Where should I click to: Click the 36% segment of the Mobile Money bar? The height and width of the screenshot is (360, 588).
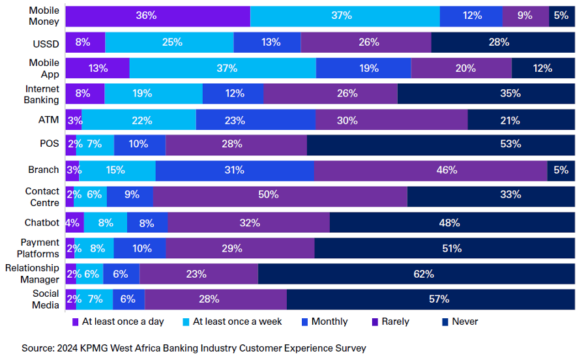tap(158, 16)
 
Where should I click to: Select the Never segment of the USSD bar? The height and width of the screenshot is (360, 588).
tap(503, 42)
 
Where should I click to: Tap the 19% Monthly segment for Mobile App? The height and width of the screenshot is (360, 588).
tap(363, 68)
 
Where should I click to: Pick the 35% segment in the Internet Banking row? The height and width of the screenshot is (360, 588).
tap(486, 93)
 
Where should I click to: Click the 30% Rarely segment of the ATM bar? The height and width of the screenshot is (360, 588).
tap(391, 120)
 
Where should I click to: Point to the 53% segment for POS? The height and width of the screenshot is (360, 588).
tap(441, 144)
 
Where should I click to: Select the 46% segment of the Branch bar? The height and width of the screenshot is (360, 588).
tap(430, 170)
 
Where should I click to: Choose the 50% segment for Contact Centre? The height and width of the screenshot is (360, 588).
tap(280, 194)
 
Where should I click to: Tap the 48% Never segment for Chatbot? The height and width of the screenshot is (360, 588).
tap(452, 222)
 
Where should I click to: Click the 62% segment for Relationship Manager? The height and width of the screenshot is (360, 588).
tap(417, 274)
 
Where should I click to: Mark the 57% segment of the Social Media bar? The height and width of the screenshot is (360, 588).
tap(430, 299)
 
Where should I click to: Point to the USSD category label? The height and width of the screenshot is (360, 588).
tap(46, 42)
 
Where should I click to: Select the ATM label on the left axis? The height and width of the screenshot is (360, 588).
tap(49, 120)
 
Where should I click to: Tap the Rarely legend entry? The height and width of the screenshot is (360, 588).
tap(395, 322)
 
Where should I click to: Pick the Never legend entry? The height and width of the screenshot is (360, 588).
tap(465, 322)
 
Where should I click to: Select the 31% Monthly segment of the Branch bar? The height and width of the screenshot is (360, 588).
tap(235, 170)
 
